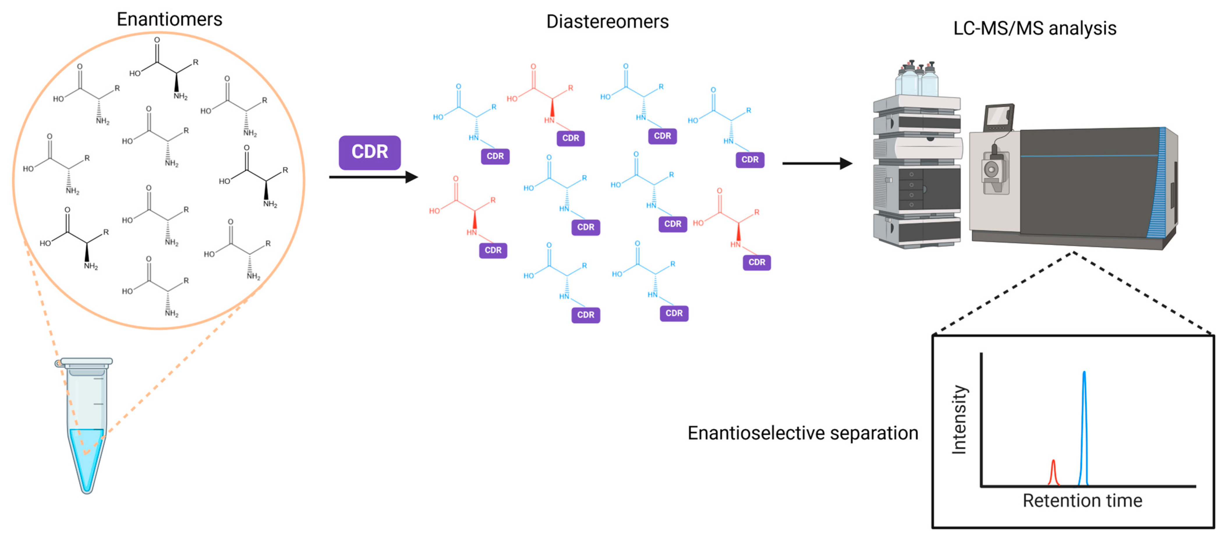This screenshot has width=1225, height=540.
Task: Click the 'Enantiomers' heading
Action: pyautogui.click(x=169, y=20)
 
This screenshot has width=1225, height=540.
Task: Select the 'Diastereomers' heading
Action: pyautogui.click(x=607, y=22)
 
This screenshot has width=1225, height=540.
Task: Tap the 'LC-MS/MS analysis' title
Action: pyautogui.click(x=1035, y=29)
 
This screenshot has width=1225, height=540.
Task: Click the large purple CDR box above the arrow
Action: pyautogui.click(x=369, y=152)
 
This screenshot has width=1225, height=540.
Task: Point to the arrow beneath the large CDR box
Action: pyautogui.click(x=373, y=177)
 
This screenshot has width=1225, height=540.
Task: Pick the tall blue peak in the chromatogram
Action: pyautogui.click(x=1084, y=428)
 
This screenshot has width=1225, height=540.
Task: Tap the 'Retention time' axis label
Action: pyautogui.click(x=1082, y=500)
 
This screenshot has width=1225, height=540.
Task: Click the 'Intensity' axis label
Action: pyautogui.click(x=959, y=419)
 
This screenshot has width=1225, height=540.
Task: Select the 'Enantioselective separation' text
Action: pyautogui.click(x=803, y=433)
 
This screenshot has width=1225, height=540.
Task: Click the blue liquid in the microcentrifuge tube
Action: pyautogui.click(x=86, y=456)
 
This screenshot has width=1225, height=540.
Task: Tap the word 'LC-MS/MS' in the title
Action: pyautogui.click(x=998, y=29)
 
